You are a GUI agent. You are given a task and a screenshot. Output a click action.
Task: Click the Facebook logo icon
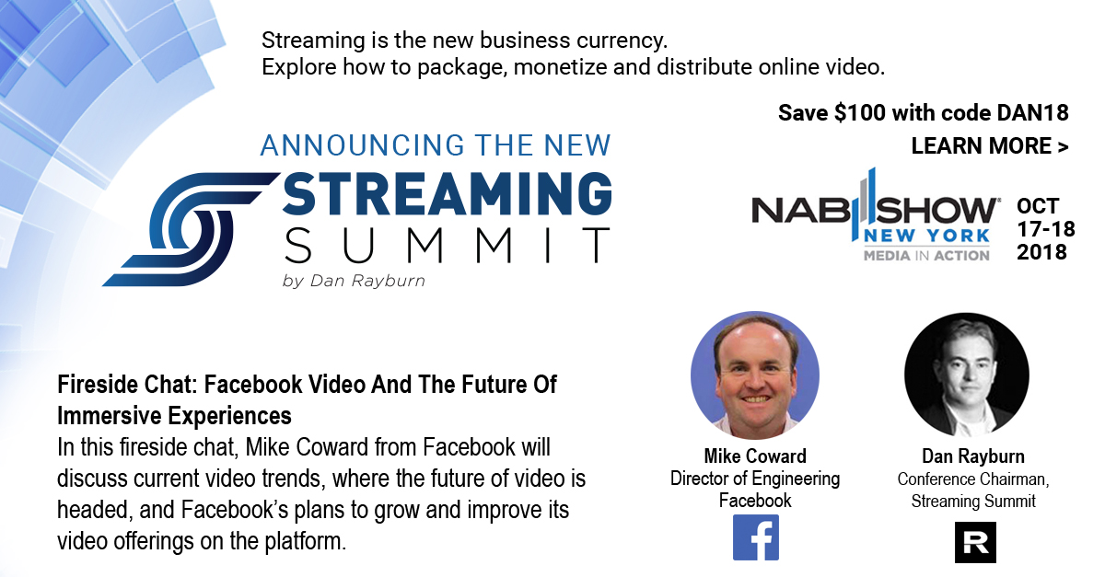[755, 537]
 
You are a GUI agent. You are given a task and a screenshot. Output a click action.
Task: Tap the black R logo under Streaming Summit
[975, 542]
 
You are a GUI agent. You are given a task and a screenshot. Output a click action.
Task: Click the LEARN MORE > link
[990, 146]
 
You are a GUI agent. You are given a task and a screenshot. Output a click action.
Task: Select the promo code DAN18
[1032, 113]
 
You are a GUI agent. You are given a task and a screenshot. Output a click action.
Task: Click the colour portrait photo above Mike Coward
[755, 375]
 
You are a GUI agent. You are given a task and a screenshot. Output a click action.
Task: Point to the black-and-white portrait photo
[967, 375]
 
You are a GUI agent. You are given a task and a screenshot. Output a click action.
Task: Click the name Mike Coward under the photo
[755, 456]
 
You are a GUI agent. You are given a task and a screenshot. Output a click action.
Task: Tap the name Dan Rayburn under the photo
[973, 456]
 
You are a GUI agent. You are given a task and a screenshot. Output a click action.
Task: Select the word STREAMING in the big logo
[447, 193]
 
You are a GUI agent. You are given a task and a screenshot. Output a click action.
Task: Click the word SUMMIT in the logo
[447, 245]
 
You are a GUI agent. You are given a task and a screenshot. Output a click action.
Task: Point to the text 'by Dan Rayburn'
[354, 281]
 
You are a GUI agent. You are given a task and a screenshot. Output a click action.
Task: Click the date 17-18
[1046, 229]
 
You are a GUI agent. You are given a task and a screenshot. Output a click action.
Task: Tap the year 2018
[1041, 252]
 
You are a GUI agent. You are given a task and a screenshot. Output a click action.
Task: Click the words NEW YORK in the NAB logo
[926, 237]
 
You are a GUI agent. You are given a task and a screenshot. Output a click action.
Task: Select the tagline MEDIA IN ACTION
[926, 256]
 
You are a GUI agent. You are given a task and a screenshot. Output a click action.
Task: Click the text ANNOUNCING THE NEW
[436, 145]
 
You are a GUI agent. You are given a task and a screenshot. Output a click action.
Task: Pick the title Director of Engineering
[755, 479]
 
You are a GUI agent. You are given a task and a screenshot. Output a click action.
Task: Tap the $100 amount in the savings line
[860, 113]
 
